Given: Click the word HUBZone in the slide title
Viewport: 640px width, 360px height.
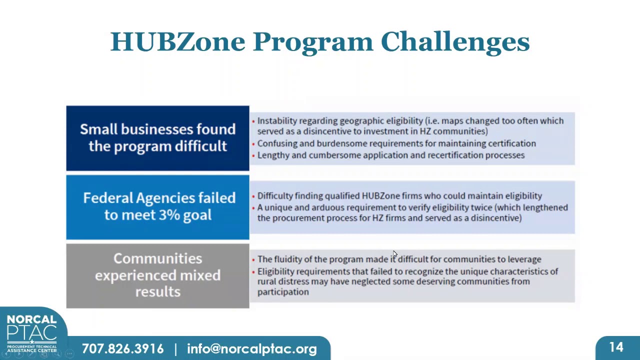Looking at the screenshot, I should point(177,41).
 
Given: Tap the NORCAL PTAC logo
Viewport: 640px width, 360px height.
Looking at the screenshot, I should point(31,333).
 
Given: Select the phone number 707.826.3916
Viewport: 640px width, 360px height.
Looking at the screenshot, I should point(122,349).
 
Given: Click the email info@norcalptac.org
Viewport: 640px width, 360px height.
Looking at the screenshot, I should point(252,349).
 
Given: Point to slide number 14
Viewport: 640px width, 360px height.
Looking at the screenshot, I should point(616,347).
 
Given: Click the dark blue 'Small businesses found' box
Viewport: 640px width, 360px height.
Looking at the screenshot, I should point(157,138).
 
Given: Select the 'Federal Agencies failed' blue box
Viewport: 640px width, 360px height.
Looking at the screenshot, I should point(157,206).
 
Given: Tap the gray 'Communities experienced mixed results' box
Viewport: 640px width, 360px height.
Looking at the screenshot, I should point(157,275).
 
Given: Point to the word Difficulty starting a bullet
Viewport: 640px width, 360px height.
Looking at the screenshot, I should point(274,196).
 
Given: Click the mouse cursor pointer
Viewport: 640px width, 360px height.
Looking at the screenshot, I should point(394,254).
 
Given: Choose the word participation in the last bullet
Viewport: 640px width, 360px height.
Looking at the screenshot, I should point(283,292).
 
